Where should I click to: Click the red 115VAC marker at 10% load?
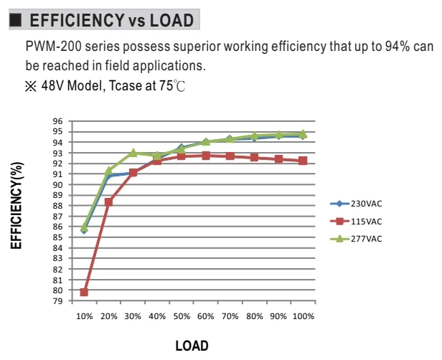tap(84, 292)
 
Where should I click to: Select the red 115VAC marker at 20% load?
tap(108, 202)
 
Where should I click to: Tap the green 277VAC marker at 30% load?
tap(133, 153)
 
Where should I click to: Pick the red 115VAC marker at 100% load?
tap(303, 161)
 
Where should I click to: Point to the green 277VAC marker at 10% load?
tap(84, 227)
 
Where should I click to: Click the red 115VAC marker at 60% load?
tap(206, 156)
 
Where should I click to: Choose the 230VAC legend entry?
tap(357, 204)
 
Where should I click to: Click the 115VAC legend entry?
tap(357, 222)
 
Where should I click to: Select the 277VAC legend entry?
tap(357, 239)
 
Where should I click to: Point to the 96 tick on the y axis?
tap(57, 121)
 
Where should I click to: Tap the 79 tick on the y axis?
tap(57, 301)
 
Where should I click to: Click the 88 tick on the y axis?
tap(57, 206)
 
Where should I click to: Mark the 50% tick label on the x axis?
tap(182, 316)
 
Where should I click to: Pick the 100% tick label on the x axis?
tap(304, 316)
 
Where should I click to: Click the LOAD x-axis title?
tap(192, 346)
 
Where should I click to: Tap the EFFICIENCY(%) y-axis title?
tap(17, 205)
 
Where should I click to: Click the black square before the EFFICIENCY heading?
tap(15, 20)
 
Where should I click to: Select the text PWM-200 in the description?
tap(53, 46)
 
